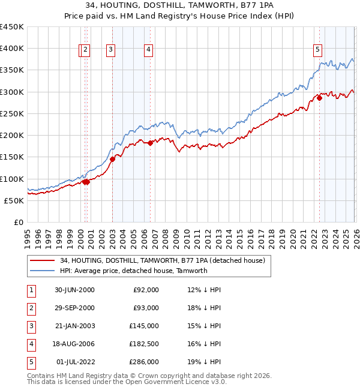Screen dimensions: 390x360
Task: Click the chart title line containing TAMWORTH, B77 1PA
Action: pos(180,5)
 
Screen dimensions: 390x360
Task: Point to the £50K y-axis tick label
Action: pos(14,200)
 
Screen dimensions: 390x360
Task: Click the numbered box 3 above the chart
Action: pos(112,50)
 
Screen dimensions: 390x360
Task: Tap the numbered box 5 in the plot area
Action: pos(317,50)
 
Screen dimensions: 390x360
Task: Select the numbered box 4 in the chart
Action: pos(148,50)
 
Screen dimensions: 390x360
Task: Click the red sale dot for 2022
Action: pos(319,98)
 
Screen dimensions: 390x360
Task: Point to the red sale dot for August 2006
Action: pos(151,143)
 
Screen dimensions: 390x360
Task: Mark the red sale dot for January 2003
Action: pos(112,159)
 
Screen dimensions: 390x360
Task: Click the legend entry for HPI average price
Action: pos(133,271)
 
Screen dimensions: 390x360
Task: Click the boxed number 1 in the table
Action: pos(30,289)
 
